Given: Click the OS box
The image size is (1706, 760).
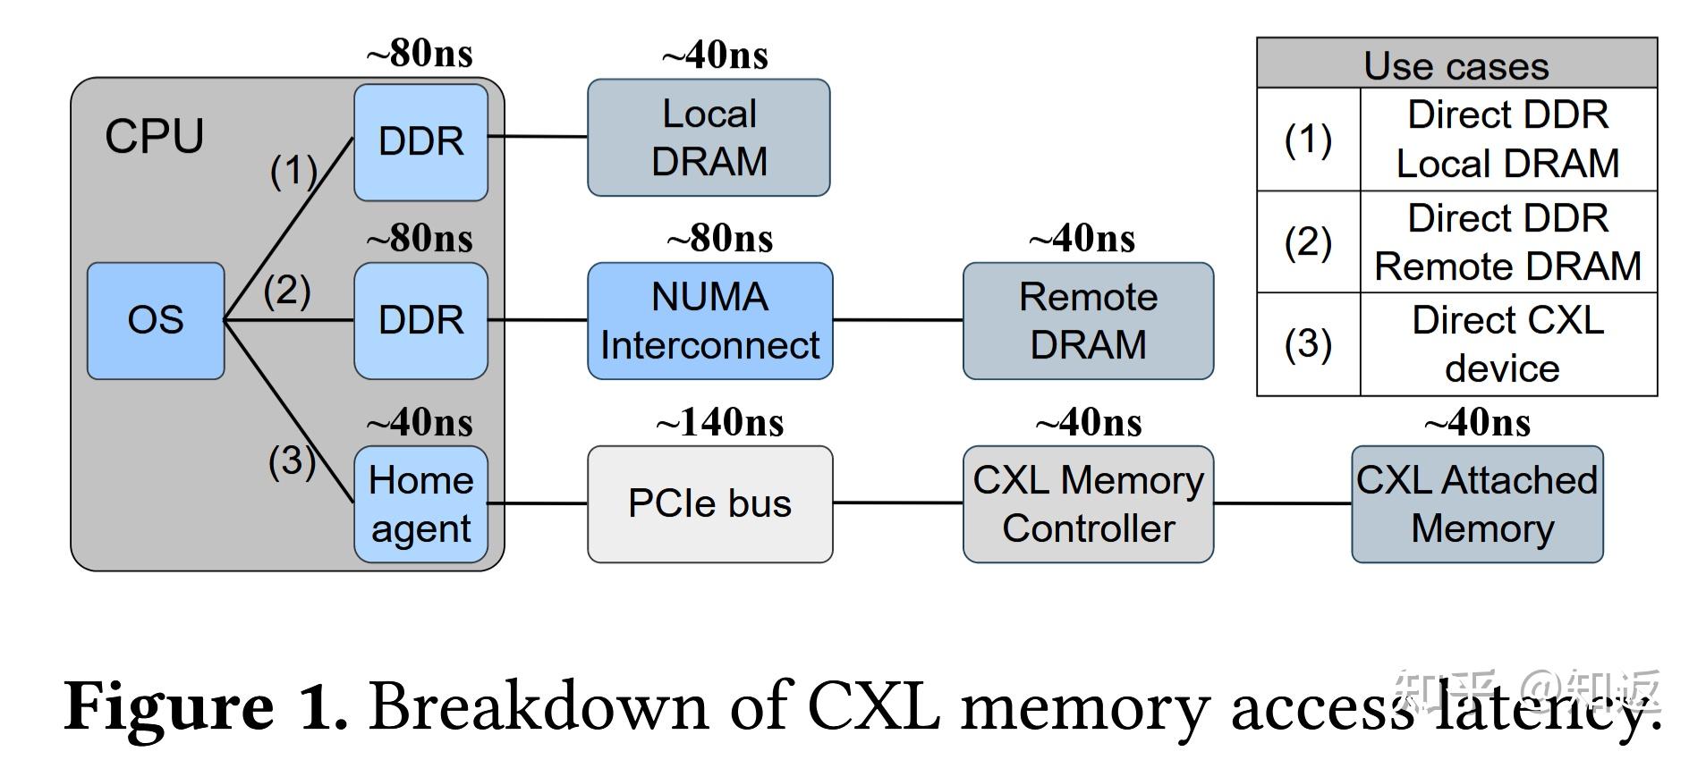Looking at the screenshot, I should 156,320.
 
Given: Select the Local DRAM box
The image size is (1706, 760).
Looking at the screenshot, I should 709,138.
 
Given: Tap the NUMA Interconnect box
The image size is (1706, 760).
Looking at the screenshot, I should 709,320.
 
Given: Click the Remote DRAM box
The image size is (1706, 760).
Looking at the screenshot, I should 1088,320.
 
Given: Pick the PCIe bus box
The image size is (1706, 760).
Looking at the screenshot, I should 709,503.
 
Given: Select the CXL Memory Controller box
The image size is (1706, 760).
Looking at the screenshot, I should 1088,503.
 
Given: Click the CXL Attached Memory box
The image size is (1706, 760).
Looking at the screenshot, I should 1477,503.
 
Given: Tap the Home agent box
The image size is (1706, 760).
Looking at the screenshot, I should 420,503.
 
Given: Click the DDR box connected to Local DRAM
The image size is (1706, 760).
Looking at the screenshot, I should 420,141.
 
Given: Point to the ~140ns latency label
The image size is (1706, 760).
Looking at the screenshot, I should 719,422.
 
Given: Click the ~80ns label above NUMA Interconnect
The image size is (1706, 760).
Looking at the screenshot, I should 719,239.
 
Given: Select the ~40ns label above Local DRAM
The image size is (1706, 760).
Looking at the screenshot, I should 715,55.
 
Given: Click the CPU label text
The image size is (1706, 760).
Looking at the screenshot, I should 154,137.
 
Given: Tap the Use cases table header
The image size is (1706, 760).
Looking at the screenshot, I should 1456,64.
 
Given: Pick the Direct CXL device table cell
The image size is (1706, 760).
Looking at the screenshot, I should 1507,344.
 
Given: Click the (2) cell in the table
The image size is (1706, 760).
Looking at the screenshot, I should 1308,242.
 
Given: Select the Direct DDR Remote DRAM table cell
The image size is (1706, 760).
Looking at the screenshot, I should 1507,242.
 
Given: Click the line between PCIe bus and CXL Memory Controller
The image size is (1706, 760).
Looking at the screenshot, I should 897,502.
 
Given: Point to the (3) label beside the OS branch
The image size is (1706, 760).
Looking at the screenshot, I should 292,461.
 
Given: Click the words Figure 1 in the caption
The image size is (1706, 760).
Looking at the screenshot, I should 206,706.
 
